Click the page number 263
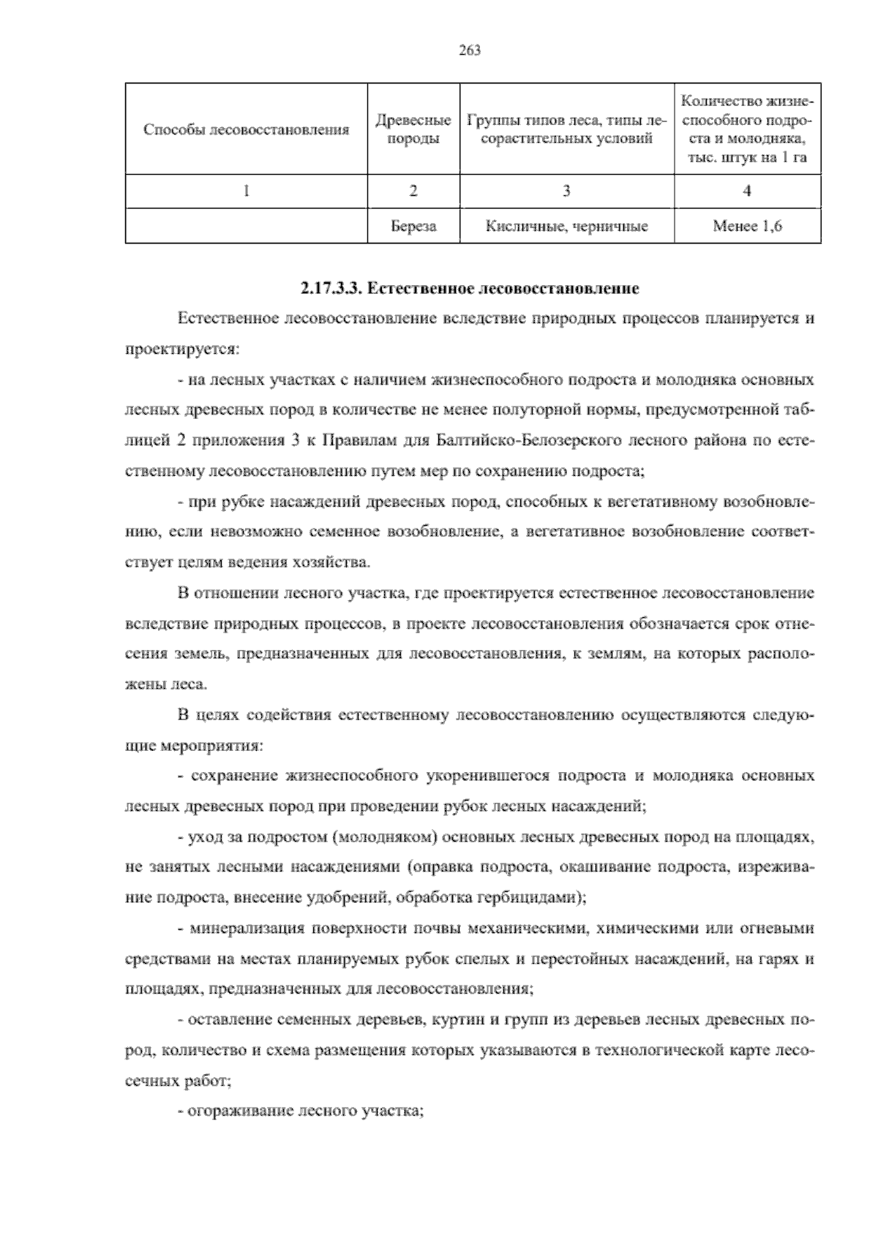(470, 50)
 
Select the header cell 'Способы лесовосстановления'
(246, 130)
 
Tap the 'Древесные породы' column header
(413, 129)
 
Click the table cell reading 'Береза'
(413, 226)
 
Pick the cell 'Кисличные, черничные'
(567, 226)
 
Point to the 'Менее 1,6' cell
(747, 226)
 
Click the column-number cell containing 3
(567, 191)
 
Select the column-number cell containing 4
(747, 191)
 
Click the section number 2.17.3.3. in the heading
(331, 289)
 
